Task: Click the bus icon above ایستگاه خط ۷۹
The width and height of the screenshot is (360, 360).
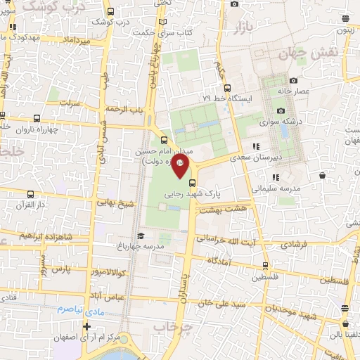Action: (x=226, y=88)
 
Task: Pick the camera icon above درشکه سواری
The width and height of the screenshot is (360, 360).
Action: (x=281, y=110)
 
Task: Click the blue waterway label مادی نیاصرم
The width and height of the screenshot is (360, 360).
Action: (x=79, y=309)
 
